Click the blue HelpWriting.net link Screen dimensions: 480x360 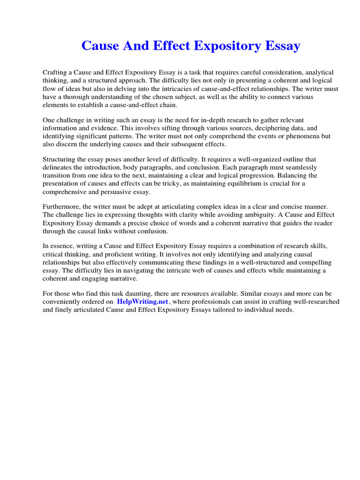142,302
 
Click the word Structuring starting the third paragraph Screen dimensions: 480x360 60,159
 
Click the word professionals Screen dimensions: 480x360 207,302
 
